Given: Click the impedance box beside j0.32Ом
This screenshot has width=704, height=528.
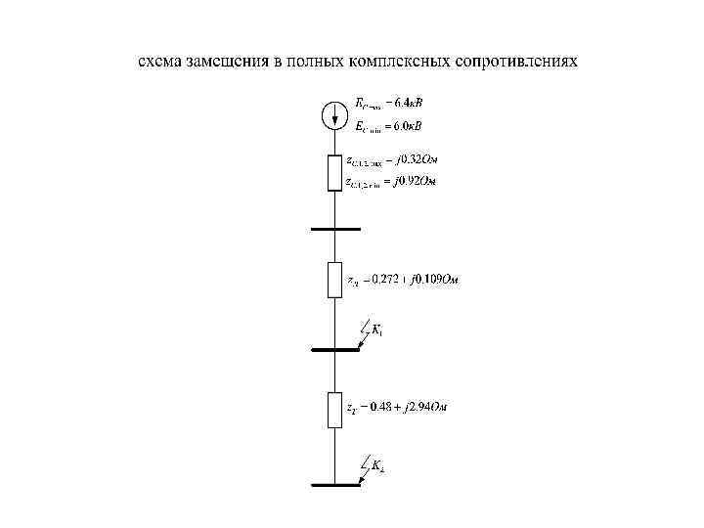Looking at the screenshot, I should click(x=334, y=171).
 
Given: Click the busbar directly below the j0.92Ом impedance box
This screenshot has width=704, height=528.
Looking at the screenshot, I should click(x=334, y=228).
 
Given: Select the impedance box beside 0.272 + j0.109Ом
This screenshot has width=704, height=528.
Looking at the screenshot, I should click(x=334, y=281).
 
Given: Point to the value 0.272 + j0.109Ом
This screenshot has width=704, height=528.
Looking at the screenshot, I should click(x=403, y=281).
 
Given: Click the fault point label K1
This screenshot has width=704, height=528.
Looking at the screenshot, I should click(x=377, y=330).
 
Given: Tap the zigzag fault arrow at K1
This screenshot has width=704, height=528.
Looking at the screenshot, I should click(x=363, y=331).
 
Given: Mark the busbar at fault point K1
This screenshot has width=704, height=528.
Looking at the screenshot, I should click(x=334, y=349).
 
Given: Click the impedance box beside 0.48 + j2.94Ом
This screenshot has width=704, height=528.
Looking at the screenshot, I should click(x=334, y=408).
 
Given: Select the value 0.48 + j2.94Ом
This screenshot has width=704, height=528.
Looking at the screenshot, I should click(x=396, y=407).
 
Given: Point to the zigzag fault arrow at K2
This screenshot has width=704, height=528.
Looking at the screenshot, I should click(x=363, y=466).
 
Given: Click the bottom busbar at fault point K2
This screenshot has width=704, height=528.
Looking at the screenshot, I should click(x=334, y=485).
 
